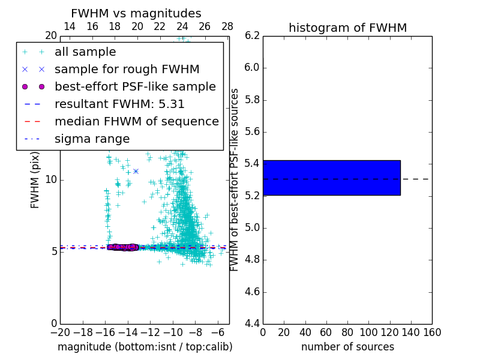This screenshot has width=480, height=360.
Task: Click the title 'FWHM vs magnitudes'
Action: point(136,14)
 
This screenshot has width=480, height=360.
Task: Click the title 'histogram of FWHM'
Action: point(347,28)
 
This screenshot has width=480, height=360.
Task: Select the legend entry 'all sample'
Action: point(85,52)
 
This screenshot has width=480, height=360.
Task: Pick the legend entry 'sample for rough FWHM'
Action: point(127,70)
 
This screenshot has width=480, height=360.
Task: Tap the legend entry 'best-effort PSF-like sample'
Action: point(135,87)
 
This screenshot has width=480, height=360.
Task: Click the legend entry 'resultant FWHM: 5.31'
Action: point(119,104)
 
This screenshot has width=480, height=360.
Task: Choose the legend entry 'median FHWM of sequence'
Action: point(136,122)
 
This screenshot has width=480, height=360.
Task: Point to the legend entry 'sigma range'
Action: point(92,139)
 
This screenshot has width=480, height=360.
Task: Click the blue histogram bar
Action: point(331,178)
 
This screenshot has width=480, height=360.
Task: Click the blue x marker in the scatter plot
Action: point(136,171)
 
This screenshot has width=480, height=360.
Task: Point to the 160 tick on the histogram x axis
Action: point(432,332)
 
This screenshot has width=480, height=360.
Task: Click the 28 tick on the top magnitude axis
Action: point(227,26)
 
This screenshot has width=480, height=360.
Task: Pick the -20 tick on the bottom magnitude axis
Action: point(60,332)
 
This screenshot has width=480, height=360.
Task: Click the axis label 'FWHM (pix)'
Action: point(35,180)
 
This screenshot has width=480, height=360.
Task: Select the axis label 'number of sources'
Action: point(347,347)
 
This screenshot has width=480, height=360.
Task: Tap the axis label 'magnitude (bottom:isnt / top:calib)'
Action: point(145,347)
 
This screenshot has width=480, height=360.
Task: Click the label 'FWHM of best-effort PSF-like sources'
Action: point(235,180)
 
